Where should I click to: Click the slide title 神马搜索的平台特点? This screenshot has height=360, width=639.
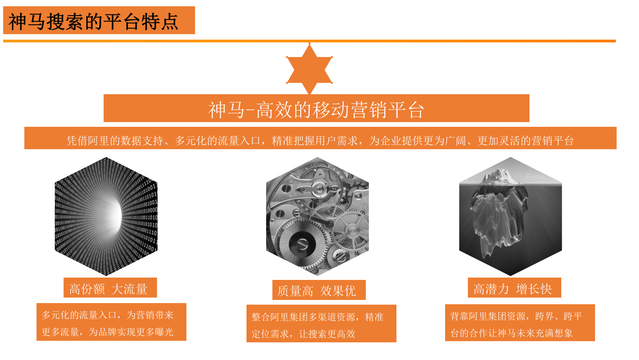pos(93,21)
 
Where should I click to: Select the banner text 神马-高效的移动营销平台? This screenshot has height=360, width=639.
pos(316,110)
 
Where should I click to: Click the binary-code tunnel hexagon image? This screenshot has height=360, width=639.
pos(106,216)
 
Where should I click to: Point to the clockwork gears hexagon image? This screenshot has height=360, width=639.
pos(317,216)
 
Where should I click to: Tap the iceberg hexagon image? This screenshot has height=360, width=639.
pos(510,216)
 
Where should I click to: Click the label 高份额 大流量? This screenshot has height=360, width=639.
pos(108,289)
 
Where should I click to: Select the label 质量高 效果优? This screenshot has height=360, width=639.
pos(317,291)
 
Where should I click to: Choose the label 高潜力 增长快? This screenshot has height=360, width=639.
pos(513,289)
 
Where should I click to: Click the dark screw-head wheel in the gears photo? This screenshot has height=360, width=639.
pos(302,244)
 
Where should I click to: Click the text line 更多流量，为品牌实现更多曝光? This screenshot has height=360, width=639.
pos(108,332)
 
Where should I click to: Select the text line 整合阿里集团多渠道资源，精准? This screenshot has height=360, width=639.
pos(317,317)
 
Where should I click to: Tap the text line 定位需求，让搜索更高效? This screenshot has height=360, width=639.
pos(303,334)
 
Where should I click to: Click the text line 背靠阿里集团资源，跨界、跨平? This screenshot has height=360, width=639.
pos(516,316)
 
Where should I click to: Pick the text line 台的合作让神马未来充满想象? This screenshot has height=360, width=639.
pos(511,333)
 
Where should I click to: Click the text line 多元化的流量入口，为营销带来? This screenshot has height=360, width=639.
pos(108,315)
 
